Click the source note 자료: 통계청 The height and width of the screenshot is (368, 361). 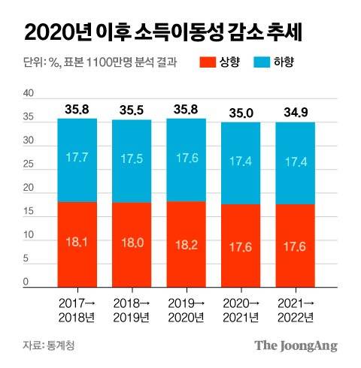(x=49, y=345)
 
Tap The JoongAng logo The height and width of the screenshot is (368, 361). (x=295, y=345)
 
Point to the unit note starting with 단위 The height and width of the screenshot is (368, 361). (x=95, y=62)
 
